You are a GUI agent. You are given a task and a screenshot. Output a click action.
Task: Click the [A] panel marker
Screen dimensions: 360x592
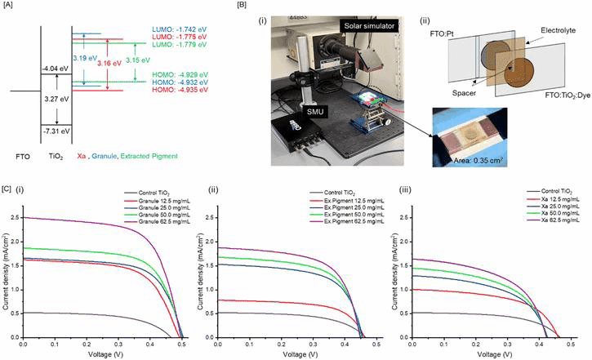(x=8, y=7)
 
